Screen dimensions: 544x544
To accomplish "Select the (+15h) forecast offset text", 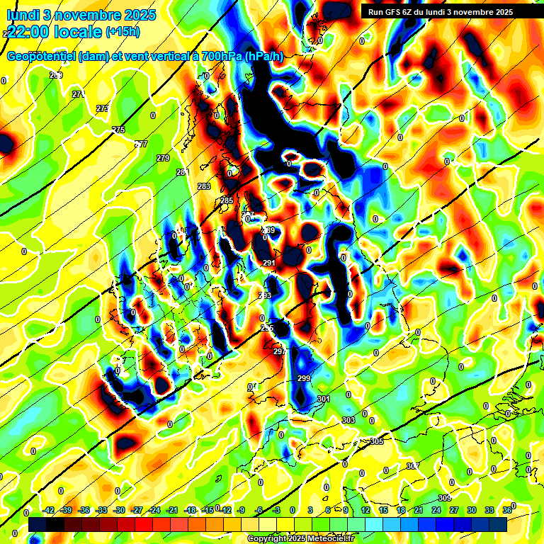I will pyautogui.click(x=123, y=32).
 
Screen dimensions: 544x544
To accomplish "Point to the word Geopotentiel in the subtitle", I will pyautogui.click(x=42, y=56).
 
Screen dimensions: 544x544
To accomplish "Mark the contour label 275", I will pyautogui.click(x=119, y=130).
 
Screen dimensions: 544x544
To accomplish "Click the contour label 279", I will pyautogui.click(x=163, y=158).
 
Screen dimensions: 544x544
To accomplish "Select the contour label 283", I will pyautogui.click(x=204, y=186).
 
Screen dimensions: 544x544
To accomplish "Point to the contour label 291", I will pyautogui.click(x=269, y=263).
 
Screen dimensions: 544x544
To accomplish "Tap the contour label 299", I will pyautogui.click(x=304, y=379).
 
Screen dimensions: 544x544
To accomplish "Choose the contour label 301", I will pyautogui.click(x=324, y=399).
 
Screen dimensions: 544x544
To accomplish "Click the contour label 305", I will pyautogui.click(x=377, y=441).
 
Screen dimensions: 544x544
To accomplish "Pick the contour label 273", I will pyautogui.click(x=103, y=108).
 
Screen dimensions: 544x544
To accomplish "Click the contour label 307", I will pyautogui.click(x=413, y=466).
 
